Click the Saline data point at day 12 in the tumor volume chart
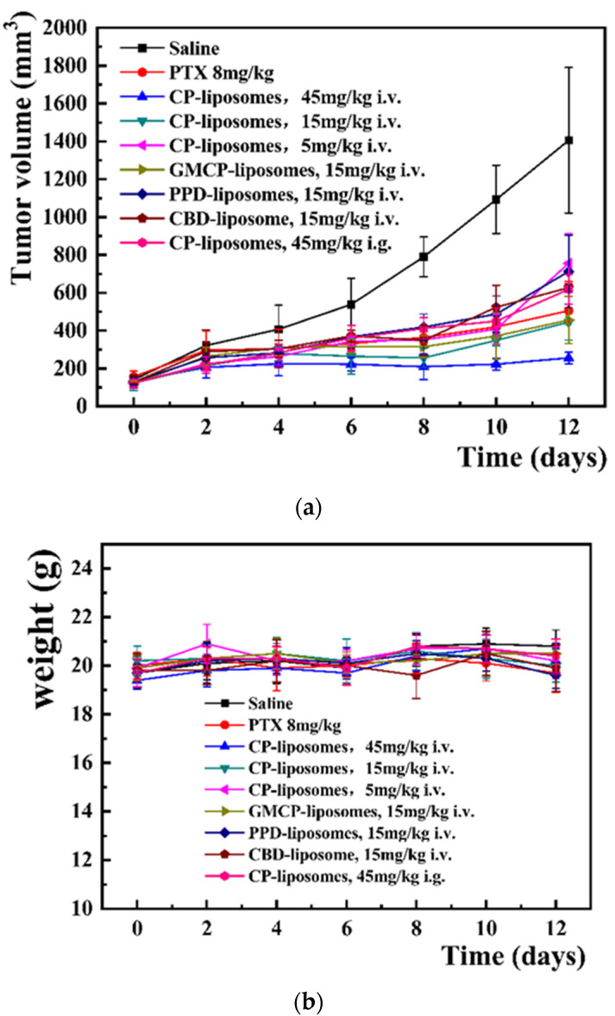(568, 140)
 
